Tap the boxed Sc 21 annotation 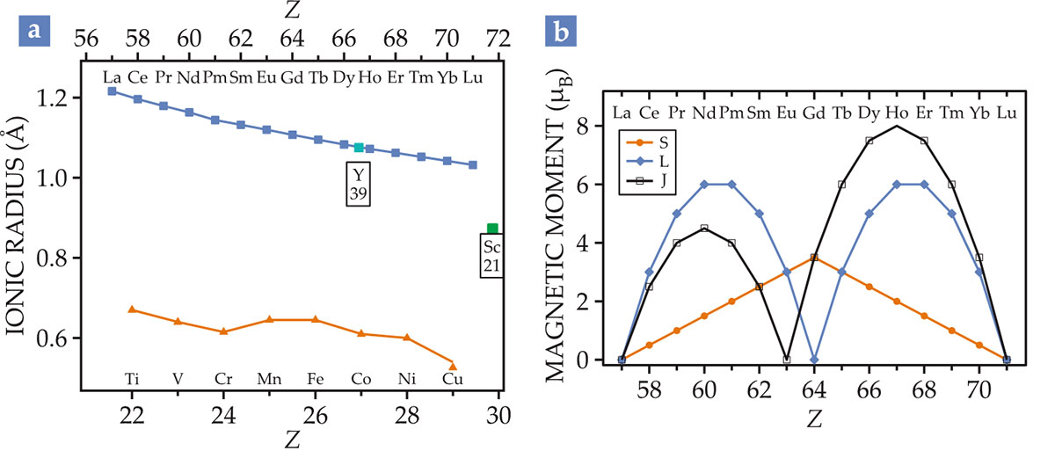pyautogui.click(x=491, y=255)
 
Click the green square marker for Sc pyautogui.click(x=492, y=229)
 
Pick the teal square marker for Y pyautogui.click(x=358, y=147)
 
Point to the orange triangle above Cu pyautogui.click(x=453, y=366)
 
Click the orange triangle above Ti pyautogui.click(x=132, y=309)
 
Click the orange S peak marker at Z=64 pyautogui.click(x=814, y=257)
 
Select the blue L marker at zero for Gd pyautogui.click(x=814, y=360)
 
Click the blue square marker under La pyautogui.click(x=112, y=91)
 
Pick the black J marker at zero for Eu pyautogui.click(x=787, y=360)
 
